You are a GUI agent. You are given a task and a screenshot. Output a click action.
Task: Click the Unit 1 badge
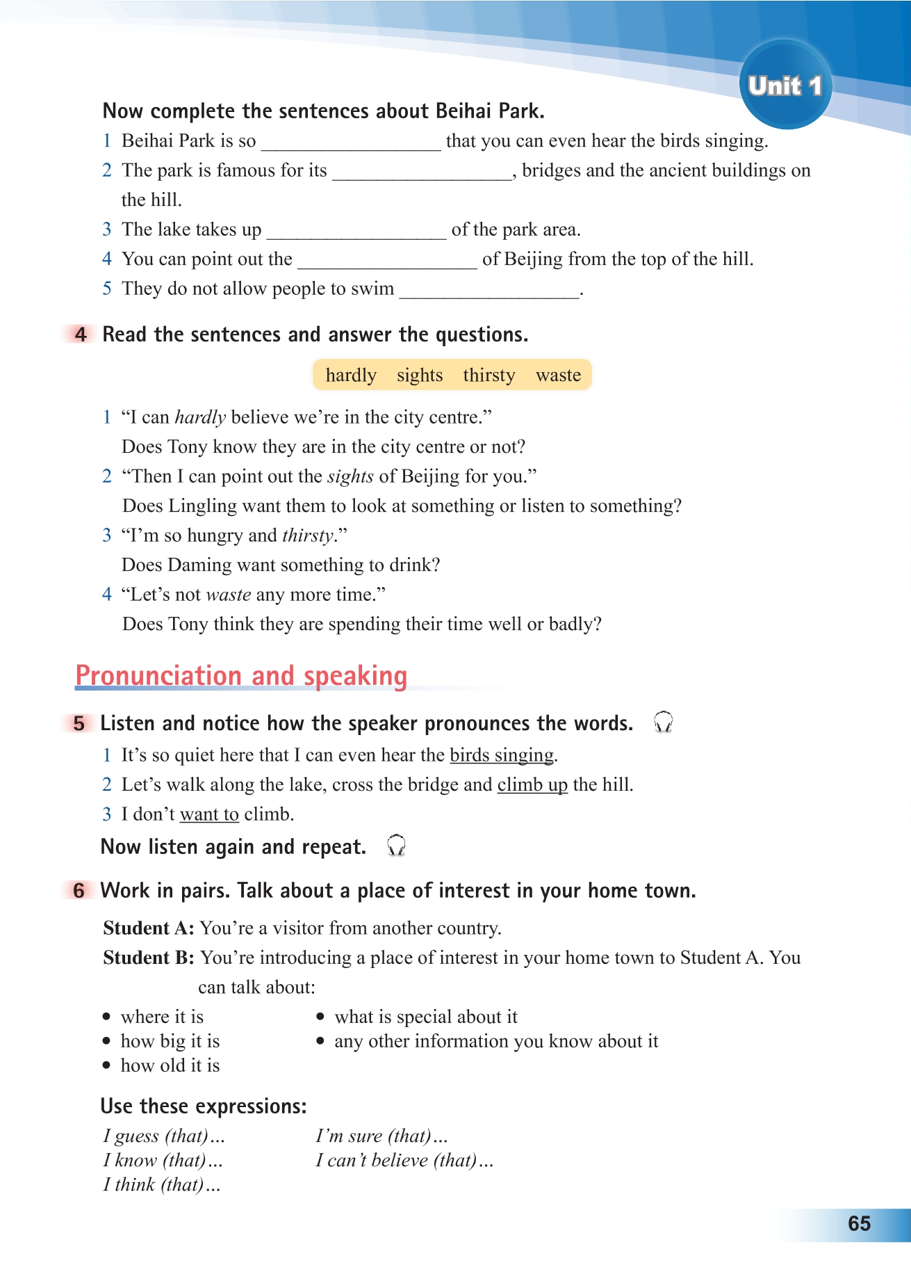click(x=785, y=86)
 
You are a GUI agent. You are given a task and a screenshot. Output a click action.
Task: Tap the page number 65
click(x=859, y=1223)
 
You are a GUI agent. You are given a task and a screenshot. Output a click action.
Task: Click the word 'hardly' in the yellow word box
click(x=351, y=375)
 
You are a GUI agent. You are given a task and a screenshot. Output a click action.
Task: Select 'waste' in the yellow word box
click(x=558, y=375)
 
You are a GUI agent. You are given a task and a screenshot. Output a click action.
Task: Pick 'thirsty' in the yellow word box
click(x=489, y=375)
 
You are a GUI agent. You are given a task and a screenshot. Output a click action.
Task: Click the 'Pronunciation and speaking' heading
click(x=241, y=675)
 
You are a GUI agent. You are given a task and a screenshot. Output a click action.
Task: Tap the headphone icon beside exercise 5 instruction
click(x=664, y=723)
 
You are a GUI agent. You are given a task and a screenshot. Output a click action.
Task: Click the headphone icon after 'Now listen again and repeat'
click(x=396, y=846)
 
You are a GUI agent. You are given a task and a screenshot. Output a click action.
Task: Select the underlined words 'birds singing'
click(x=502, y=755)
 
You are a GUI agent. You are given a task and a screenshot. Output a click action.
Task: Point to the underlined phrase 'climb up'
click(x=532, y=785)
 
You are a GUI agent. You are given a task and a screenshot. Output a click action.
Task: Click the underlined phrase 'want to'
click(x=209, y=814)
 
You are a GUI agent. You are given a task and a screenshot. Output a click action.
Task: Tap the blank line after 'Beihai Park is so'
click(x=351, y=143)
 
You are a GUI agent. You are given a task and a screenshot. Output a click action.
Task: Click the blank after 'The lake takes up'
click(x=356, y=232)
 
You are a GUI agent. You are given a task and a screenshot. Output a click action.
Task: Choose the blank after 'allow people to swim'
click(x=489, y=291)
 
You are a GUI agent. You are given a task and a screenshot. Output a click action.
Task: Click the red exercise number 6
click(x=79, y=891)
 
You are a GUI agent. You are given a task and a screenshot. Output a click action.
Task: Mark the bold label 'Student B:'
click(x=149, y=958)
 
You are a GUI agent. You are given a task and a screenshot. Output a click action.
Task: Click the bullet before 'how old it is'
click(x=106, y=1065)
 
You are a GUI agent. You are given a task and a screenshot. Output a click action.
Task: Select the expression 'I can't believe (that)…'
click(x=404, y=1161)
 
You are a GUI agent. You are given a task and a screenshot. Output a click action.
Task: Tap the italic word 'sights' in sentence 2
click(x=350, y=476)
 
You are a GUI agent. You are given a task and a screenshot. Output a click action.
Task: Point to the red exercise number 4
click(x=81, y=335)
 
